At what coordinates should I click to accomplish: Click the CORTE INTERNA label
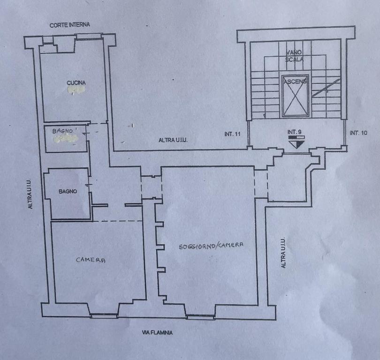[x=70, y=25]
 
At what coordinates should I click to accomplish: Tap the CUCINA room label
[x=76, y=83]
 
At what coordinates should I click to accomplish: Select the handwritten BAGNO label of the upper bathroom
[x=62, y=131]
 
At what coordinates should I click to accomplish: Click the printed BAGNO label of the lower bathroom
[x=68, y=192]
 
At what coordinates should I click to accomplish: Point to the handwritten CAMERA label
[x=91, y=260]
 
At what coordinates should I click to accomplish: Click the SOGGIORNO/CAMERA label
[x=211, y=246]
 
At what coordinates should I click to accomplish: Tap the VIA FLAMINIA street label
[x=157, y=333]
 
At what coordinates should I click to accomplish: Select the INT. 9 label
[x=295, y=132]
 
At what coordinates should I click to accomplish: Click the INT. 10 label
[x=358, y=133]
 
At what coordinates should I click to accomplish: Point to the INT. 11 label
[x=232, y=134]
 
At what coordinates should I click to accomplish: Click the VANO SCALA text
[x=294, y=56]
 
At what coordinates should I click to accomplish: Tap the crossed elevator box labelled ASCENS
[x=296, y=96]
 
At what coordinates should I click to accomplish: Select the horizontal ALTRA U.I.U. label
[x=173, y=140]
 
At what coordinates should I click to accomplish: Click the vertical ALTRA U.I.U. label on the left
[x=30, y=194]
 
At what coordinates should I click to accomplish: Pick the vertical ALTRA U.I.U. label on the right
[x=283, y=253]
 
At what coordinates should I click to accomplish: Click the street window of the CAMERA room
[x=104, y=315]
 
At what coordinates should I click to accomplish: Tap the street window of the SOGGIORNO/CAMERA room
[x=200, y=317]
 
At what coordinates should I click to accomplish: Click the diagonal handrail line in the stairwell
[x=326, y=88]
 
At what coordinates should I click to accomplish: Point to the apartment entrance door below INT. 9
[x=296, y=153]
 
